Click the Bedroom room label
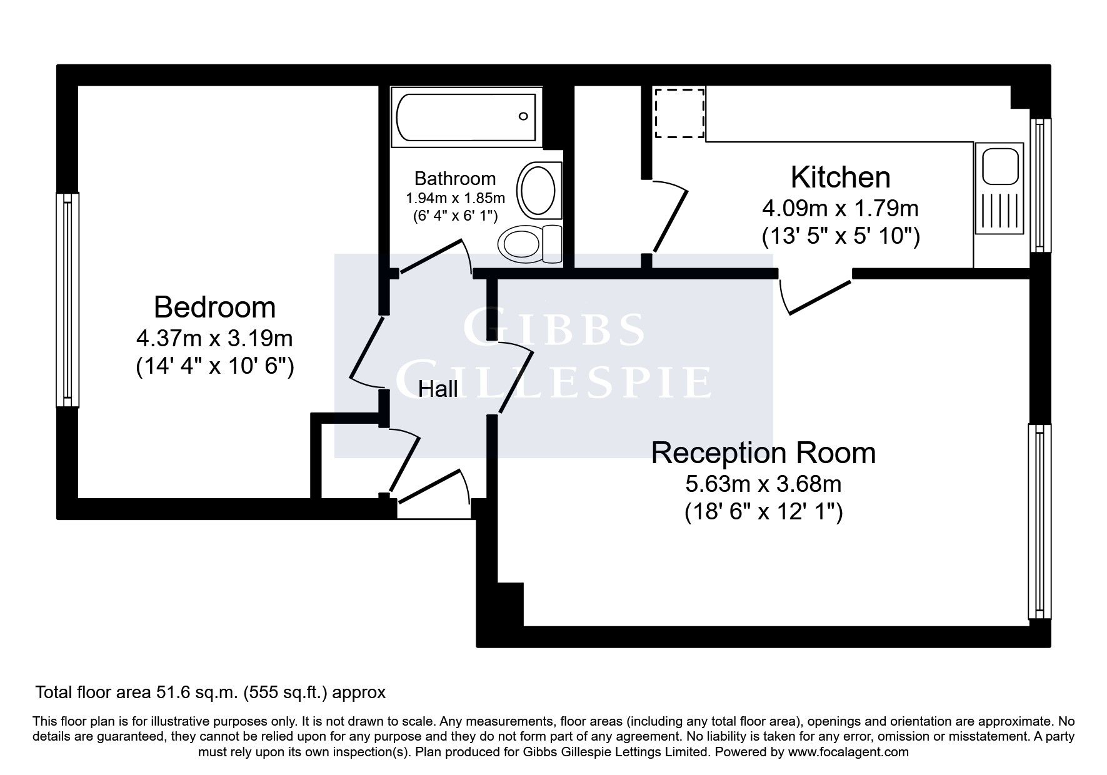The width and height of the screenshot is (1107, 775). (214, 307)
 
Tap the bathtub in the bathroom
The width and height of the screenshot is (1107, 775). (466, 117)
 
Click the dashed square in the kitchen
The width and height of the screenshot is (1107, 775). (679, 113)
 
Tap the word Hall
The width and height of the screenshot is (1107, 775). (438, 389)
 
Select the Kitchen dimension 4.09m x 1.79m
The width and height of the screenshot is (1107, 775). (840, 207)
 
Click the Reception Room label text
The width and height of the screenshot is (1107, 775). (763, 453)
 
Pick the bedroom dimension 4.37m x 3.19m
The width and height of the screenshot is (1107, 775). (214, 339)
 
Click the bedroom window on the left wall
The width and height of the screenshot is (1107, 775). (68, 300)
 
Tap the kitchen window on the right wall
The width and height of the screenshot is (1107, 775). (1040, 185)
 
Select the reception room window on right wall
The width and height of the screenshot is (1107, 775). (1039, 521)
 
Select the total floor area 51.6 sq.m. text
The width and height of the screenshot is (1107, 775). (210, 692)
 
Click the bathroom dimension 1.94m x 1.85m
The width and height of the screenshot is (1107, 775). (455, 199)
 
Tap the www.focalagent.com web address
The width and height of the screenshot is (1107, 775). (848, 752)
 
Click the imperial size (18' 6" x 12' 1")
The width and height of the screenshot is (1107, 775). (763, 513)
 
